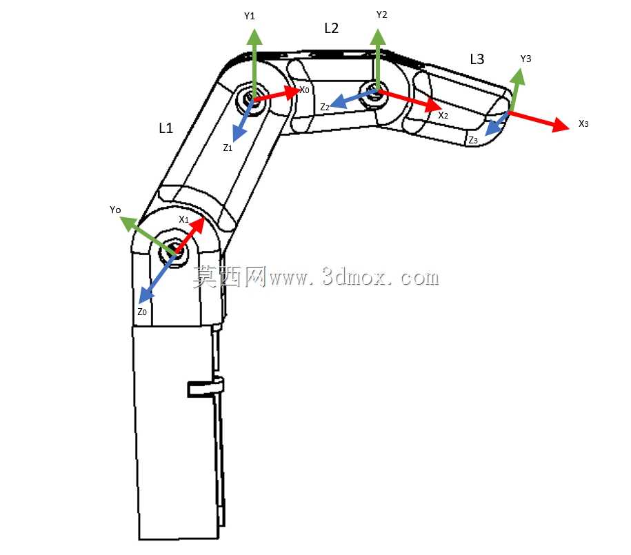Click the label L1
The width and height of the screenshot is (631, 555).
point(166,128)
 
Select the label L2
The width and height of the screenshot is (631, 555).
point(331,28)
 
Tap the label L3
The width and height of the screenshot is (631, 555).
point(477,59)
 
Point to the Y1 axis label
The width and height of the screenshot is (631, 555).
point(250,16)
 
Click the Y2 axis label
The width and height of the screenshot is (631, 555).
point(381,15)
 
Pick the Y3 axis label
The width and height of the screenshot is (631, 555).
point(525,59)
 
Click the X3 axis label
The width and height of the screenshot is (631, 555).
point(583,123)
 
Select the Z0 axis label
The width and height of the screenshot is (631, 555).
point(142,312)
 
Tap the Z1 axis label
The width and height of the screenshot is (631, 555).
point(228,148)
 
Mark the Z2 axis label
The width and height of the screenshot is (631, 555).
point(325,107)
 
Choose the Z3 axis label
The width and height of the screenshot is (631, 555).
point(473,140)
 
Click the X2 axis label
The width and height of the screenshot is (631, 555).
point(443,115)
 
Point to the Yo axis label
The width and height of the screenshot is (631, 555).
point(115,210)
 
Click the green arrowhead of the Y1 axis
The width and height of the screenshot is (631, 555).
point(254,37)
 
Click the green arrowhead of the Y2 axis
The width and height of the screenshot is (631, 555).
point(378,37)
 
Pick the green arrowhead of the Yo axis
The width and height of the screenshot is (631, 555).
point(129,223)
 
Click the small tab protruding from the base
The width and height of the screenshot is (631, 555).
point(206,387)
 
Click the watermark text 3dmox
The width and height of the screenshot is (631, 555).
point(354,277)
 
